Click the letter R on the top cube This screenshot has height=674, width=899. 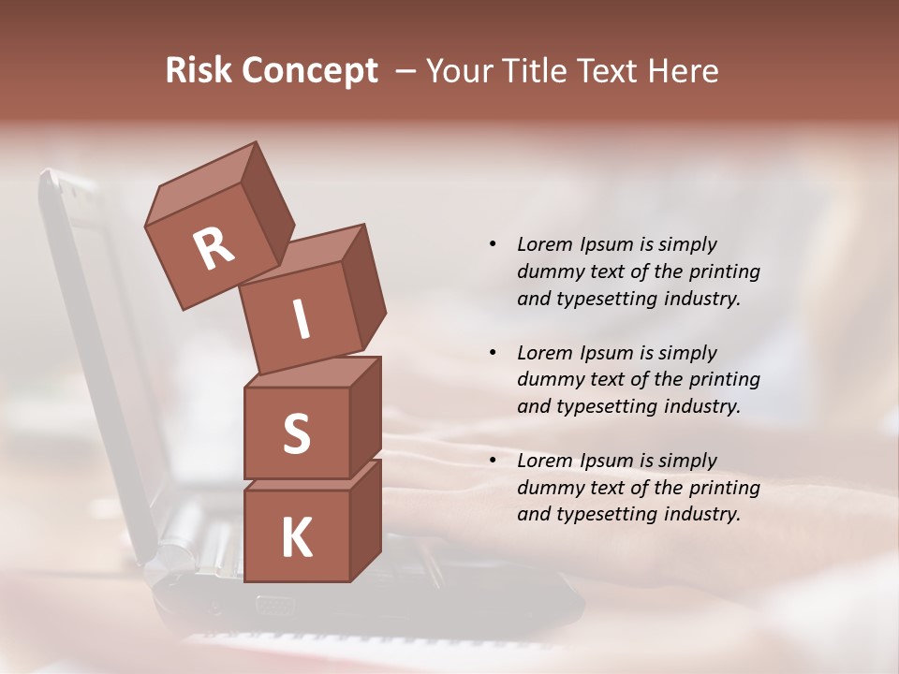[214, 249]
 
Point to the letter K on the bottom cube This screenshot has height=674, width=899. [296, 538]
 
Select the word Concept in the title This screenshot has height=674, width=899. [309, 71]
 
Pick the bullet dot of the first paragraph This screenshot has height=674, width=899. [493, 244]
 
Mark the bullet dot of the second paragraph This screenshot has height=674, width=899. [493, 353]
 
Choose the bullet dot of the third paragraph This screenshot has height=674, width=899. [493, 461]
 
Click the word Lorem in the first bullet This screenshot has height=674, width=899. [545, 244]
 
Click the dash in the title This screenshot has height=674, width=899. [406, 71]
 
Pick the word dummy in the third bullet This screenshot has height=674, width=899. [549, 488]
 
